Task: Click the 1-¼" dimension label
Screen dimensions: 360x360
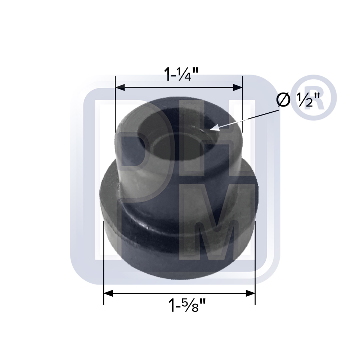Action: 181,74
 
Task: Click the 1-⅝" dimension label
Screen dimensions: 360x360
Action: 187,305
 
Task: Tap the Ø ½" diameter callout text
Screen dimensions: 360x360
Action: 298,100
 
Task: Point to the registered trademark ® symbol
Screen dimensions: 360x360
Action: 314,97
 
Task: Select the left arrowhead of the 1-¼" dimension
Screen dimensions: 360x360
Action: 120,87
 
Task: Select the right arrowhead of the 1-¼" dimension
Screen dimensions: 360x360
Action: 238,87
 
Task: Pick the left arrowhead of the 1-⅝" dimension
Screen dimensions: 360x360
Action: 108,293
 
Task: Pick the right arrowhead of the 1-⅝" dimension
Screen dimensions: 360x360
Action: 251,293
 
